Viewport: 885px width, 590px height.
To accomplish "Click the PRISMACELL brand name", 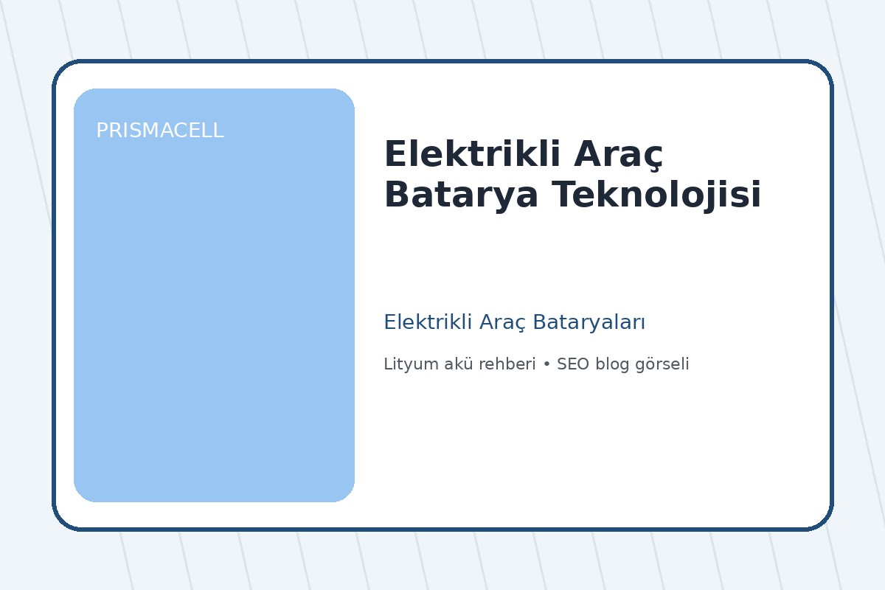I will pos(159,131).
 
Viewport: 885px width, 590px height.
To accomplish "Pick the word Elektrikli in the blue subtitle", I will pos(428,322).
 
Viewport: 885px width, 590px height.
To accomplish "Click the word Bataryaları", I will pos(589,323).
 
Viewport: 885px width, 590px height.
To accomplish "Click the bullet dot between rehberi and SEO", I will pos(546,365).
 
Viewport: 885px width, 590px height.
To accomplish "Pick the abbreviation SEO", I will pos(572,364).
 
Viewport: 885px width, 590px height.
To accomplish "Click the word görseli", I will pos(662,365).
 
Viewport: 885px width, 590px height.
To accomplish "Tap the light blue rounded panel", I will pos(214,310).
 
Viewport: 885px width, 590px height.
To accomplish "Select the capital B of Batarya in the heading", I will pos(395,195).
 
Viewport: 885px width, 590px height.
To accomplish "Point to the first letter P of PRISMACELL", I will pos(102,131).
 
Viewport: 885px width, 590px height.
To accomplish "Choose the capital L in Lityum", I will pos(387,364).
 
